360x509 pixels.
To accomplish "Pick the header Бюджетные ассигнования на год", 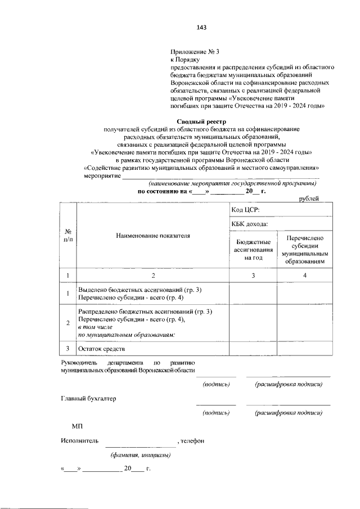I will click(253, 249).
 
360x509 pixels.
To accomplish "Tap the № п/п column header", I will click(67, 236).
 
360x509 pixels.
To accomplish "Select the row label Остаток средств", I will click(101, 349).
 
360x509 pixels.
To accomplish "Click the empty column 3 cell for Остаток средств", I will click(253, 349).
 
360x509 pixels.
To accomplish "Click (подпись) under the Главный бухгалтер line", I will click(216, 412).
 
